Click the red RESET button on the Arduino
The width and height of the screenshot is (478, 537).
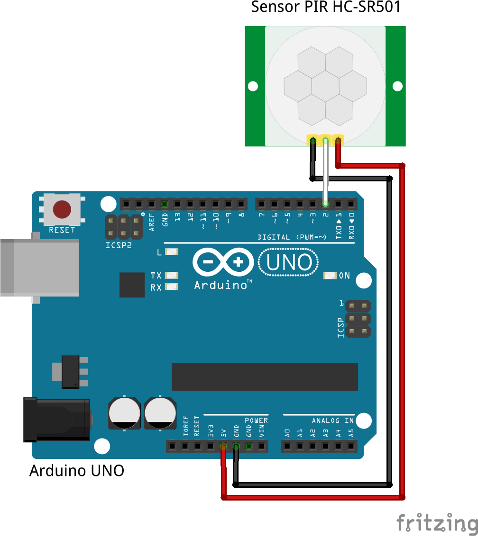62,209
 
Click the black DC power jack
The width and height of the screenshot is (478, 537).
57,420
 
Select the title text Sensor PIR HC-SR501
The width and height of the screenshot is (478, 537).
325,8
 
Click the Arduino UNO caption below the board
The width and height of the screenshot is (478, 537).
77,471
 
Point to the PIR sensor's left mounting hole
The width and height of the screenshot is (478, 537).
253,86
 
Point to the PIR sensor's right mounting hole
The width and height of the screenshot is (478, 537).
397,86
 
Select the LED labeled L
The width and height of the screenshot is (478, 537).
171,252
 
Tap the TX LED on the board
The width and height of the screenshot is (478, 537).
171,275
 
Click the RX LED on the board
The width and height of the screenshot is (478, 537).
171,286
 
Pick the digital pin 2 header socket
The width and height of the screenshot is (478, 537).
325,204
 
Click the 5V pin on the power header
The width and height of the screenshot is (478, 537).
223,446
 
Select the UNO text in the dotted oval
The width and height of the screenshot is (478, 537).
288,263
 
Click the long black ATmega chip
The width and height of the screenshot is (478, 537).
265,377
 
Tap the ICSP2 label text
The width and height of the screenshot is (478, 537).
119,246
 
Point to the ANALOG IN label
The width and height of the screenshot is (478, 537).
332,421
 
